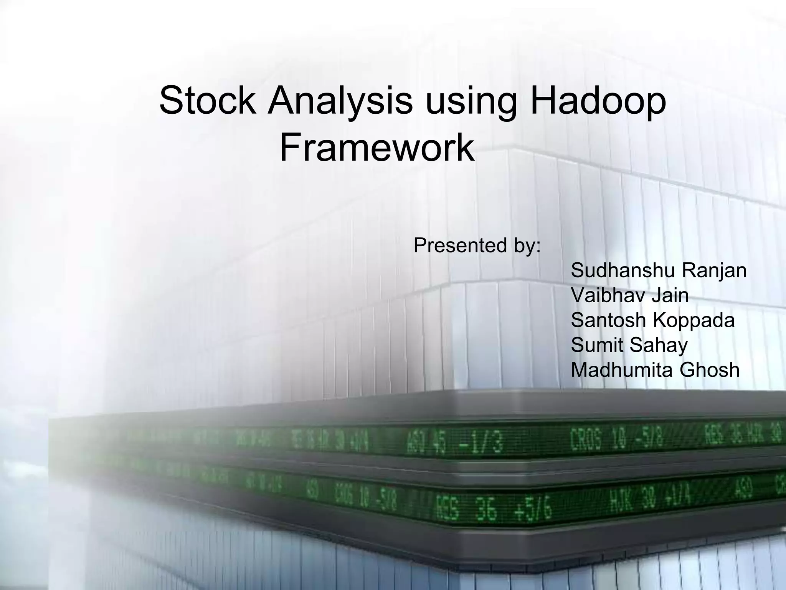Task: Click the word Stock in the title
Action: tap(207, 101)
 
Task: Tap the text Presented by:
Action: tap(477, 245)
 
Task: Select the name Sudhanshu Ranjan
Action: tap(659, 270)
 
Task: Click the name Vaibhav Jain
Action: tap(629, 295)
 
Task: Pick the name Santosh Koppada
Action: tap(652, 320)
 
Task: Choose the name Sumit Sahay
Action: tap(629, 345)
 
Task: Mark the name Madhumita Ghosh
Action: tap(655, 370)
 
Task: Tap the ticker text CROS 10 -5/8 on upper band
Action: tap(616, 440)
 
